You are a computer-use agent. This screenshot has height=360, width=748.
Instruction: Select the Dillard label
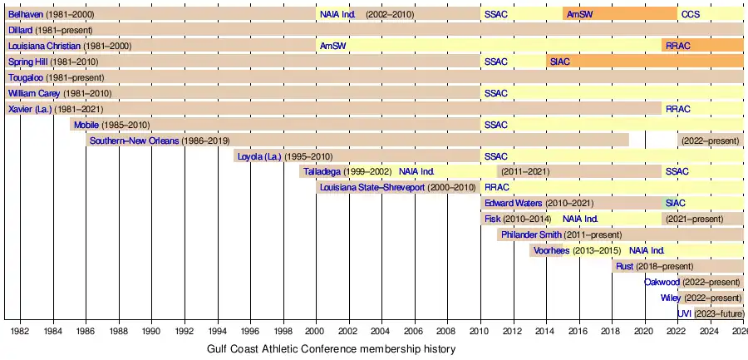[x=20, y=31]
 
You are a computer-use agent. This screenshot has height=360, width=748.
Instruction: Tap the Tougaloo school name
[x=26, y=78]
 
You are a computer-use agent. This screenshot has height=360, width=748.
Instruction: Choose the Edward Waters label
[x=513, y=203]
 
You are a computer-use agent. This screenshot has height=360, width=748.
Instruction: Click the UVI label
[x=684, y=313]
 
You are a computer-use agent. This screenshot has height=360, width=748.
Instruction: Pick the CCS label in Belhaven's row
[x=690, y=15]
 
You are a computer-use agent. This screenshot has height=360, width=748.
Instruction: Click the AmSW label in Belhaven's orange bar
[x=579, y=15]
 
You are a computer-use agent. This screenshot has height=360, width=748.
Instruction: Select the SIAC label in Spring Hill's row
[x=559, y=62]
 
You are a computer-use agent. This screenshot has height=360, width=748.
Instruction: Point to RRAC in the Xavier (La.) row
[x=677, y=109]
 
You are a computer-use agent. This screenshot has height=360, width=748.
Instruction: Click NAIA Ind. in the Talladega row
[x=416, y=172]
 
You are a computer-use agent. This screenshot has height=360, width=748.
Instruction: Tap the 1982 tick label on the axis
[x=21, y=331]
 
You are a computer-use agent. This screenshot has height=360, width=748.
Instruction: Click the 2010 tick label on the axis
[x=480, y=331]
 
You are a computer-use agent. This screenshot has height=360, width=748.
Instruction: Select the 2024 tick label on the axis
[x=710, y=331]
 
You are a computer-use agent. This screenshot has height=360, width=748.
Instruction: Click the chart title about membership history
[x=331, y=349]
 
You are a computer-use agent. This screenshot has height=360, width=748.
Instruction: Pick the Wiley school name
[x=671, y=298]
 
